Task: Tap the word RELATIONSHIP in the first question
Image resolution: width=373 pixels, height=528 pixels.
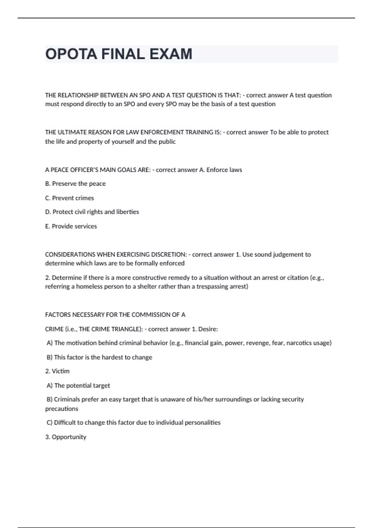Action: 78,95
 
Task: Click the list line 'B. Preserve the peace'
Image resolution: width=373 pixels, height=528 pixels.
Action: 75,184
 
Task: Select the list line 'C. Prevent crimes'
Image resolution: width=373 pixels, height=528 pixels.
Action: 69,198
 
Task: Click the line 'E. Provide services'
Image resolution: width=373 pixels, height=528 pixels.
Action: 71,226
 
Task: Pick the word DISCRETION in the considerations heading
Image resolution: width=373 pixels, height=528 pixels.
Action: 168,255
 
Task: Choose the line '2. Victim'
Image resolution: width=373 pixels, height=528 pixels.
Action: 58,371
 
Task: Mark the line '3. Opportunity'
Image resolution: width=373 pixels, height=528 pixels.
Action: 66,437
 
